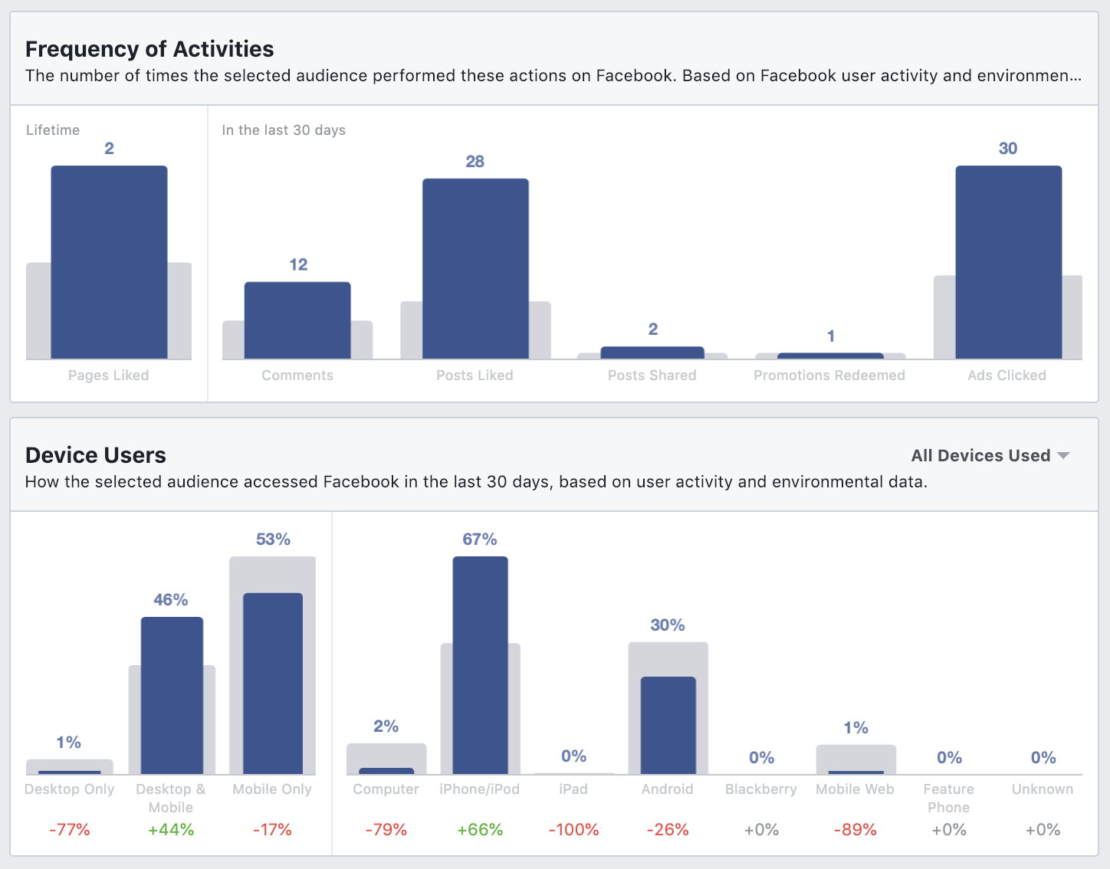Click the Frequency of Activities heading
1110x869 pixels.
click(x=149, y=49)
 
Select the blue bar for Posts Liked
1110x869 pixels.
click(x=475, y=268)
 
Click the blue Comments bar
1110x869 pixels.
click(x=297, y=320)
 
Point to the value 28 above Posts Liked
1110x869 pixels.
click(x=475, y=162)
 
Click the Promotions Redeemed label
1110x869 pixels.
click(x=829, y=375)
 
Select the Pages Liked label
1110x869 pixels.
click(x=109, y=375)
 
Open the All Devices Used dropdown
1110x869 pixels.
click(x=990, y=455)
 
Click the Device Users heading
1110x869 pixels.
click(x=96, y=455)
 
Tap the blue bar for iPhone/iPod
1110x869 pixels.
click(x=480, y=665)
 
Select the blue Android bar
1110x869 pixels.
click(x=668, y=725)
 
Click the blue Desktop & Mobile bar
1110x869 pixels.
click(x=172, y=695)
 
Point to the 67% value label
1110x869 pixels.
click(x=480, y=539)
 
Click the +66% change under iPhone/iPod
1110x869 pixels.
click(x=480, y=830)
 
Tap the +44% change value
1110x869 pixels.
click(x=171, y=830)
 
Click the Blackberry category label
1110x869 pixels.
click(x=761, y=789)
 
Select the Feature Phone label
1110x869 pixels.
click(x=948, y=798)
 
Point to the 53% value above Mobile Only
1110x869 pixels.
click(x=273, y=539)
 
